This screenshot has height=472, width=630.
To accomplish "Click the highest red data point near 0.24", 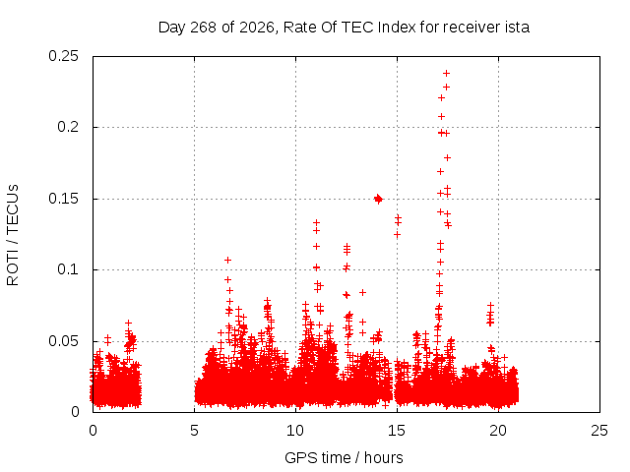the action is coord(446,73).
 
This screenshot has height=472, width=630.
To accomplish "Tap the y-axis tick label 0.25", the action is coord(63,56).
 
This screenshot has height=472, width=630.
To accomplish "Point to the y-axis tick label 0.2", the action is coord(68,127).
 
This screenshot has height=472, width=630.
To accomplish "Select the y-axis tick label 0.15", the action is coord(63,199).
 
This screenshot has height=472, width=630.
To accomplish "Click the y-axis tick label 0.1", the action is coord(68,269).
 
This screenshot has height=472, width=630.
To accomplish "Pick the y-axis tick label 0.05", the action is coord(63,341).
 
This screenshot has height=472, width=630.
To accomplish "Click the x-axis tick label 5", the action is coord(195,431).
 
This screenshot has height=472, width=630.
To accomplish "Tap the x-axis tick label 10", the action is coord(295,431).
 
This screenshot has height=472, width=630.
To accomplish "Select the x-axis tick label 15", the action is coord(397,431).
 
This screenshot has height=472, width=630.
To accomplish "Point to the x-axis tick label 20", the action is coord(498,431).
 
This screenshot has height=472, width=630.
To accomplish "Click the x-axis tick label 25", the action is coord(599,431).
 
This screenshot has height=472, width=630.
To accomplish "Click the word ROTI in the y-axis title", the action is coord(13,268).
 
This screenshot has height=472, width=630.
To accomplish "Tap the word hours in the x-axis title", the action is coord(383,457).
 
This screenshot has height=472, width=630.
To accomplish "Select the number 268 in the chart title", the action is coord(204,28).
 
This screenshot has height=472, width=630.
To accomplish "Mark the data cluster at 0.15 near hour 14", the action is coord(378,199).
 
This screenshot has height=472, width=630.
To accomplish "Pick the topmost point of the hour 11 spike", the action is coord(316,222).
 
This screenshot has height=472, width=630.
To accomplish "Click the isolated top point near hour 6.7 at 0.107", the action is coord(227,260).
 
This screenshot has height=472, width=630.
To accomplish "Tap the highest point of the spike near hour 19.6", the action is coord(490,306).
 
